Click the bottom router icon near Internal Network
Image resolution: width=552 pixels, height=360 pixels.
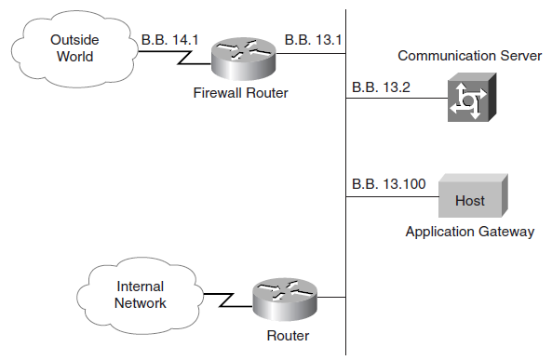click(284, 302)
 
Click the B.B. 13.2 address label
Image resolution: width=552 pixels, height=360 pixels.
click(381, 87)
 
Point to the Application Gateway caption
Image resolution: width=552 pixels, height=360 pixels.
click(470, 232)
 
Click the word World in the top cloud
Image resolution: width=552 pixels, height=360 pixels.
click(74, 58)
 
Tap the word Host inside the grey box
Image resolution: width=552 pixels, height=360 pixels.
click(469, 201)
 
